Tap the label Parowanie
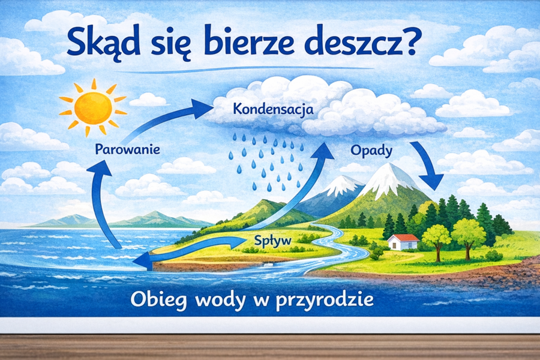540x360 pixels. click(127, 149)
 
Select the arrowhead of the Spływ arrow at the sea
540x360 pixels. click(143, 259)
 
